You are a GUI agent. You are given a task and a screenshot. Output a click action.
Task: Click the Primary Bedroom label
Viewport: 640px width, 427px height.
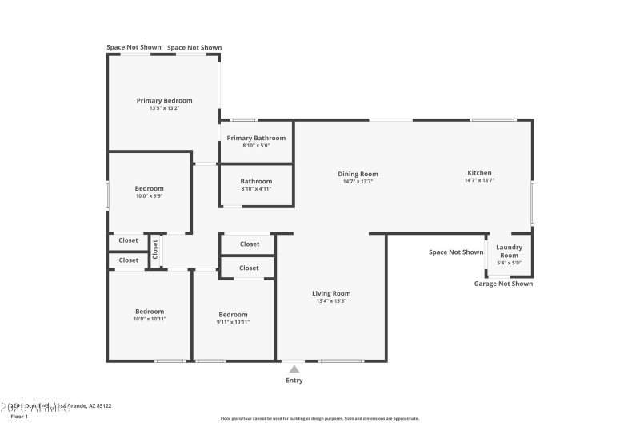[164, 101]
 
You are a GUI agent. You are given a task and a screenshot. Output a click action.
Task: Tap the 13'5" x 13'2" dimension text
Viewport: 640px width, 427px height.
[164, 108]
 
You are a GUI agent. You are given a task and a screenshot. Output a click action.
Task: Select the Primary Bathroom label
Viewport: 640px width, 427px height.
[256, 138]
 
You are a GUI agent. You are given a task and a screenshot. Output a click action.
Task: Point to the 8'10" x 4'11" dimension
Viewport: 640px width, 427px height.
[256, 189]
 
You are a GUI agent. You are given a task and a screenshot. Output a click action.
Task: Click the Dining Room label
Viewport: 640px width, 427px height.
[358, 174]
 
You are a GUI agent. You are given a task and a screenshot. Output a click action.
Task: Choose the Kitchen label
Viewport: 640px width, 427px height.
[479, 173]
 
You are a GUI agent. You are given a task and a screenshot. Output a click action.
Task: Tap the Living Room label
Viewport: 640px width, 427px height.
[331, 293]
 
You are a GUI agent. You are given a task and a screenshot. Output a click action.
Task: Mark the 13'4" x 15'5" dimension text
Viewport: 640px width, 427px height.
[331, 301]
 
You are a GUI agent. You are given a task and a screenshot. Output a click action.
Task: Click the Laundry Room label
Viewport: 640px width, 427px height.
[510, 252]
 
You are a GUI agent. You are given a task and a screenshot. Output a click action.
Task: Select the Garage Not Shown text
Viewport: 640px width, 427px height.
[503, 284]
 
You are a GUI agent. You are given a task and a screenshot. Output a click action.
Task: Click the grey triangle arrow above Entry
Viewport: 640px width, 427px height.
[294, 369]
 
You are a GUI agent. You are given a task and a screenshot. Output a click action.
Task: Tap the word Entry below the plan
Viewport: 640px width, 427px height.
[294, 381]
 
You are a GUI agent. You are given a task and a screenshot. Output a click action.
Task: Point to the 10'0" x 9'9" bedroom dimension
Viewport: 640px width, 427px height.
[149, 196]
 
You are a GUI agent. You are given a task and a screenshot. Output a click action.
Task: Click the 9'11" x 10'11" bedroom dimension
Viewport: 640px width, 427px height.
[233, 322]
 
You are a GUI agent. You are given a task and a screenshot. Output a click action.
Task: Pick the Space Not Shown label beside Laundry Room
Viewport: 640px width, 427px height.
[456, 252]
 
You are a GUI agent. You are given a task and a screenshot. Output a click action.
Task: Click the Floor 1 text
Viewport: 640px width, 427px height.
[19, 417]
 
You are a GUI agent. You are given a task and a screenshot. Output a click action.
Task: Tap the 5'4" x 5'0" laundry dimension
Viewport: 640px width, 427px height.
[510, 263]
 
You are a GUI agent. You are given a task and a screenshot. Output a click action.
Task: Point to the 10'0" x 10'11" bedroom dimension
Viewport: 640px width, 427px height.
[149, 319]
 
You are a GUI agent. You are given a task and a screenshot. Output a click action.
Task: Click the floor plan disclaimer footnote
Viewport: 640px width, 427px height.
[320, 418]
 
